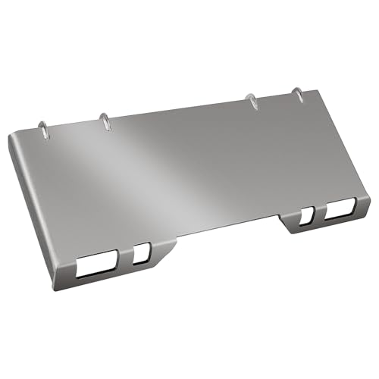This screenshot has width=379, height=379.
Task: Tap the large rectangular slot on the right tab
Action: click(339, 213)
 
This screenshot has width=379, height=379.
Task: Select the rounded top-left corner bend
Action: click(15, 139)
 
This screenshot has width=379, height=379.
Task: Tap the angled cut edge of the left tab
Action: click(167, 253)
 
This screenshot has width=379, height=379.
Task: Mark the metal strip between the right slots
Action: click(318, 215)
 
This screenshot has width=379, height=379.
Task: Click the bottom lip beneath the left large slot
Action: click(95, 278)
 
